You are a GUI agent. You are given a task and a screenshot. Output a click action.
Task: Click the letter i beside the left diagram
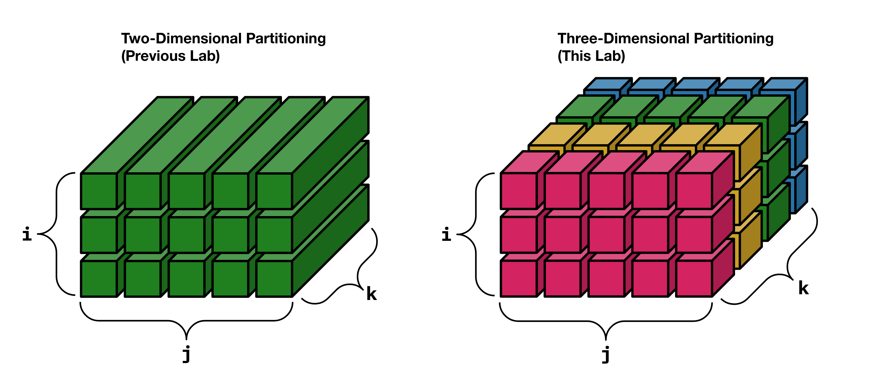(27, 234)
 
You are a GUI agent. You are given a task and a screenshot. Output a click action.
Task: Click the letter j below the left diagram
(187, 354)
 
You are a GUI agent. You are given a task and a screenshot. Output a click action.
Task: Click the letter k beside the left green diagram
(371, 294)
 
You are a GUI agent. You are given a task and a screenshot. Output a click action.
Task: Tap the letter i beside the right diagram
(446, 234)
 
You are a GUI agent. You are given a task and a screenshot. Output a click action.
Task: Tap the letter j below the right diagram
(606, 354)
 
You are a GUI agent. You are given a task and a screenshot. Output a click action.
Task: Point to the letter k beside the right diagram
(803, 288)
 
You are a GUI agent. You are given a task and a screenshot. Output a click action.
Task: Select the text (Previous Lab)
(170, 56)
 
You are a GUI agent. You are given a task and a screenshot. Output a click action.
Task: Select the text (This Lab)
(591, 56)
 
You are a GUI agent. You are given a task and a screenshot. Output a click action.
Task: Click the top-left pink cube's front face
(519, 191)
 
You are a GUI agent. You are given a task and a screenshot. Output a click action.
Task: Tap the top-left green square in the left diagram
(99, 191)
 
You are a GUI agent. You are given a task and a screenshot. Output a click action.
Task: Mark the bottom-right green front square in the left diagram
(274, 278)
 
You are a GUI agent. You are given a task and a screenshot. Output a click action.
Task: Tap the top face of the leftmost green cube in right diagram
(584, 106)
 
